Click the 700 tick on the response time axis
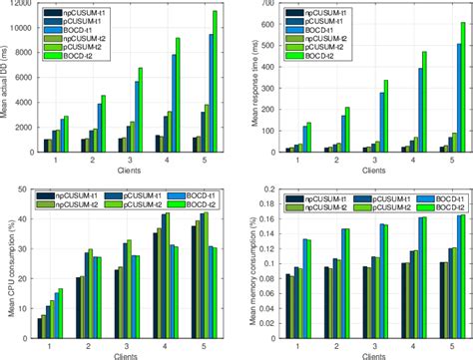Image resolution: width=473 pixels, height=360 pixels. click(263, 4)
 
